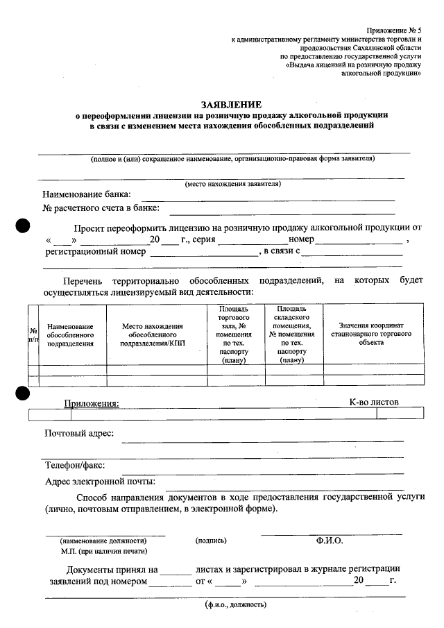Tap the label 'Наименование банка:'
coord(87,194)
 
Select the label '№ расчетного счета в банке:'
coord(101,207)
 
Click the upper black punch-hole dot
coord(24,226)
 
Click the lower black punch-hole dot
coord(24,393)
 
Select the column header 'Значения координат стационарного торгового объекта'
coord(371,334)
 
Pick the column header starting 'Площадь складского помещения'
coord(294,334)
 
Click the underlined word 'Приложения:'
coord(92,403)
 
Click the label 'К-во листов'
coord(374,402)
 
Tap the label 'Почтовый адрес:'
coord(80,434)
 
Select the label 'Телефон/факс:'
coord(75,466)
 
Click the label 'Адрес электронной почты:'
coord(100,481)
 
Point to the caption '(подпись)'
coord(211,540)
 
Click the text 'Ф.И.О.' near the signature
coord(329,540)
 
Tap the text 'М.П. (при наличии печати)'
coord(103,551)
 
